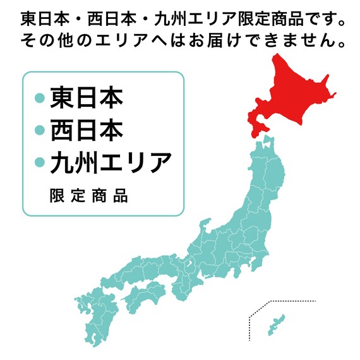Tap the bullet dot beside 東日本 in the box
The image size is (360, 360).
pyautogui.click(x=39, y=99)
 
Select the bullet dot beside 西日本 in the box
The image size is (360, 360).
pyautogui.click(x=39, y=131)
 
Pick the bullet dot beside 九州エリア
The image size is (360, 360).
pyautogui.click(x=39, y=163)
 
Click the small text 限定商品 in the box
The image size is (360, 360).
pyautogui.click(x=88, y=196)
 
